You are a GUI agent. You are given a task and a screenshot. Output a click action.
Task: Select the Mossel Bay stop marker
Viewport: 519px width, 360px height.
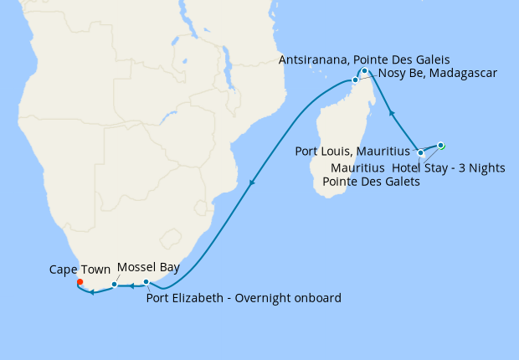coord(114,285)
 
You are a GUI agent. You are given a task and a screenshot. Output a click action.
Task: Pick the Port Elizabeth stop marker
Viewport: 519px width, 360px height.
coord(146,282)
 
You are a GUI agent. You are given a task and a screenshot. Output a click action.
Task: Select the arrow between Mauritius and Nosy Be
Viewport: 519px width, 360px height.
coord(392,112)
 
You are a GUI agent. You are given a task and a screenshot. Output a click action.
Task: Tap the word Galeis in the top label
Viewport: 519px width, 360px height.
coord(430,59)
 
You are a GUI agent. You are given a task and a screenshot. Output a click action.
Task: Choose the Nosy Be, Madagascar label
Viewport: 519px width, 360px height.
coord(438,74)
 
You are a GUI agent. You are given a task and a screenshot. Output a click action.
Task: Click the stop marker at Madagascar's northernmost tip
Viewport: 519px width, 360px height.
coord(365,71)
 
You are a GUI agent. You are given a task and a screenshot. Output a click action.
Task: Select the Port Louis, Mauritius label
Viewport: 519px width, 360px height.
coord(356,152)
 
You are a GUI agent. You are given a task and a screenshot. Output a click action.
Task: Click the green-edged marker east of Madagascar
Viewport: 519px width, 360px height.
coord(441,145)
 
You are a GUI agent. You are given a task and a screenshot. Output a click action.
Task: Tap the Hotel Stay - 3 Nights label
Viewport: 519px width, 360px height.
coord(449,167)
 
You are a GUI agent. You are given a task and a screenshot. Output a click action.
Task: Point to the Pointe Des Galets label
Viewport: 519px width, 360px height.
coord(371,182)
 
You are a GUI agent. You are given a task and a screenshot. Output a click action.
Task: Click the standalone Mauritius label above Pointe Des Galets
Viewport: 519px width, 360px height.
coord(358,167)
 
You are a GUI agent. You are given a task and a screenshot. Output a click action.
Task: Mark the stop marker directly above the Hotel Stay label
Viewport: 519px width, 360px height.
coord(420,153)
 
